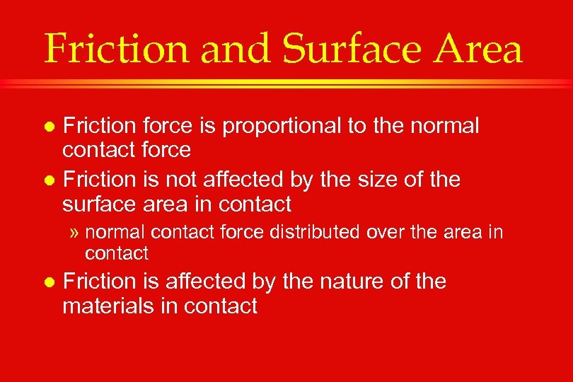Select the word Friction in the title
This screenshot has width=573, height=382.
(114, 50)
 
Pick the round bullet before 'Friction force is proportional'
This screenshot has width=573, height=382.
(49, 127)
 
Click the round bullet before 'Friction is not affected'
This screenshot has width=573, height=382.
(49, 180)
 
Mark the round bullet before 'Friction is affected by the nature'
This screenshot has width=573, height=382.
(49, 282)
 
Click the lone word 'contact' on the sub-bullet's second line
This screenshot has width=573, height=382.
(117, 253)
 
